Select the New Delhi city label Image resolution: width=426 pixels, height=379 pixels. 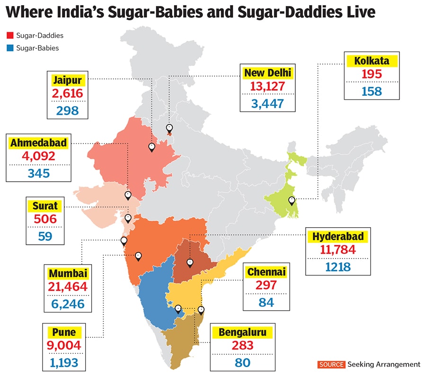[x=268, y=73]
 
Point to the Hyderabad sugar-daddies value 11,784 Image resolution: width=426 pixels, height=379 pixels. [x=338, y=250]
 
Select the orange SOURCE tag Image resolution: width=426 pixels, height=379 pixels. [x=331, y=364]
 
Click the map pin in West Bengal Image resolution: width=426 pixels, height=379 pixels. [x=292, y=201]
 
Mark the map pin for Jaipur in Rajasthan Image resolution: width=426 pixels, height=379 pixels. [x=151, y=147]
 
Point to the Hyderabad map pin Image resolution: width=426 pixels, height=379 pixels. [x=190, y=262]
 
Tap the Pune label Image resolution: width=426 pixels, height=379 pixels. [x=62, y=332]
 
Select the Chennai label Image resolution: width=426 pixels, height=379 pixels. [x=266, y=272]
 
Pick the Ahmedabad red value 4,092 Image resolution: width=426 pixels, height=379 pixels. [x=38, y=156]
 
